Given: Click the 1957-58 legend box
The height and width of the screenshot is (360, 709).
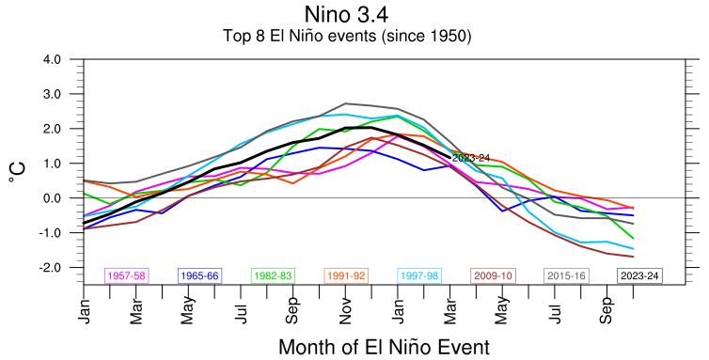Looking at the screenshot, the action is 127,275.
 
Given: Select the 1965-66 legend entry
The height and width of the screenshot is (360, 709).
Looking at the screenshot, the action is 199,275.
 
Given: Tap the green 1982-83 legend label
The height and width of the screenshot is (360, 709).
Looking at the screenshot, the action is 273,275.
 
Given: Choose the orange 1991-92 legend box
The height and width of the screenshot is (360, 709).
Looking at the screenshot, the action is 346,275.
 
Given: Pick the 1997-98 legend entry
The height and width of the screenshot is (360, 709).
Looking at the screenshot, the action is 419,275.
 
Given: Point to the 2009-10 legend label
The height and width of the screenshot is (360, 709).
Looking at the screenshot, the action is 493,275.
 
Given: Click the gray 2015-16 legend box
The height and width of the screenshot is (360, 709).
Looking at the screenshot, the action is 566,275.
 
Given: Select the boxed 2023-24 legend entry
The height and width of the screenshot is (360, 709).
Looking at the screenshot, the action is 639,275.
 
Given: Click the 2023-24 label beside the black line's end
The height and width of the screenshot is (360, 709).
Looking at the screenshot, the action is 471,158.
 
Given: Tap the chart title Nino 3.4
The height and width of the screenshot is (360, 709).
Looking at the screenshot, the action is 346,14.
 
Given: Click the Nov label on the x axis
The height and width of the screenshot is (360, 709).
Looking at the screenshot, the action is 345,311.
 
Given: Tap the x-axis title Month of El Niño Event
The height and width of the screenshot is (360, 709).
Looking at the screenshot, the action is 384,348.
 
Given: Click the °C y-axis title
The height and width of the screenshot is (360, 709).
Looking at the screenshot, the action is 16,172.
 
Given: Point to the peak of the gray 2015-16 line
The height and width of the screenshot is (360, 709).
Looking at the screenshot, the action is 345,103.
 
